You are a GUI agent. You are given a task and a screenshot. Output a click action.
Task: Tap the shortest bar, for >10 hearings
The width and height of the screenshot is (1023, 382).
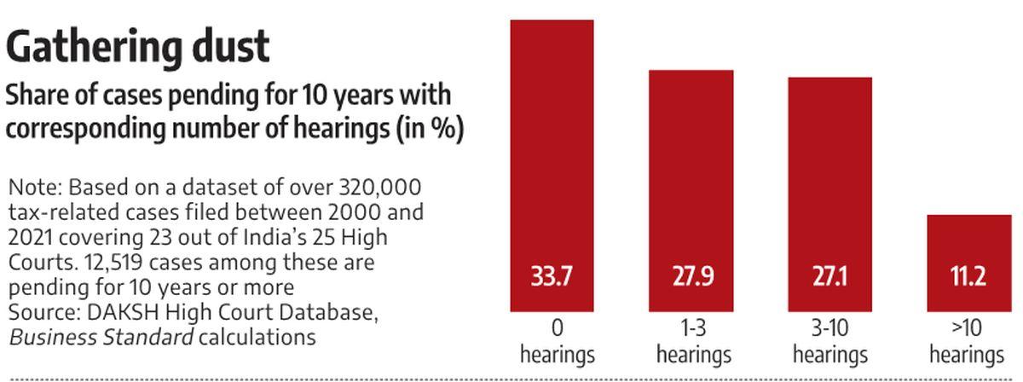coord(968,247)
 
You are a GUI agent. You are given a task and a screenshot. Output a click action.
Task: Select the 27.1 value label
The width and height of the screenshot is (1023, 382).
coord(829,279)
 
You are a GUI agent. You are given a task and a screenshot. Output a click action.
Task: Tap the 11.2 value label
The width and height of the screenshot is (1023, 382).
coord(968,279)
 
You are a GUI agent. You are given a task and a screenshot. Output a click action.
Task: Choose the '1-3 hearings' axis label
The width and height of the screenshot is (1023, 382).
coord(695,341)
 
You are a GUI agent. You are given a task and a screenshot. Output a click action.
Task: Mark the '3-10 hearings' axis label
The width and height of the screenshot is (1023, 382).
coord(829,341)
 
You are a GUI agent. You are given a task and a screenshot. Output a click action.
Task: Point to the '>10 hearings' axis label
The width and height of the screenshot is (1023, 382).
coord(968,341)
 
